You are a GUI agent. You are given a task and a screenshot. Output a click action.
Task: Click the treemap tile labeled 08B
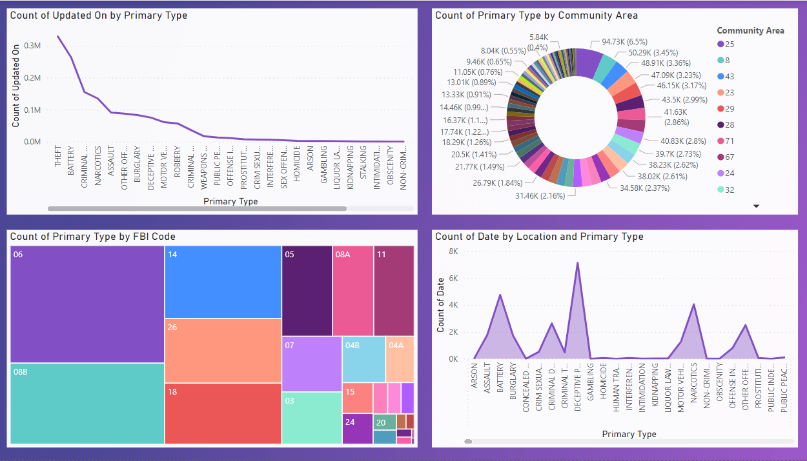click(x=87, y=404)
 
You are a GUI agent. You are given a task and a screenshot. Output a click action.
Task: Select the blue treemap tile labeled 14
click(x=223, y=282)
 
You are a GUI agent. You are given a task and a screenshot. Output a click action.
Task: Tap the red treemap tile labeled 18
click(x=223, y=413)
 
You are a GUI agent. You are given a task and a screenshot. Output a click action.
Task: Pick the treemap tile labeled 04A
click(x=400, y=358)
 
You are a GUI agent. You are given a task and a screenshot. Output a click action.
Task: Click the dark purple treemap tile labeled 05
click(x=307, y=291)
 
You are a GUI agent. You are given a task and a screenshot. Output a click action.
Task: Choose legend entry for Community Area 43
click(x=730, y=77)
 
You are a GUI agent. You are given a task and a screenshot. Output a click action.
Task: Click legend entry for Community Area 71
click(x=730, y=141)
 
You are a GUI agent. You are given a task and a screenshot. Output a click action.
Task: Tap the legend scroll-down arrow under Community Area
click(x=757, y=206)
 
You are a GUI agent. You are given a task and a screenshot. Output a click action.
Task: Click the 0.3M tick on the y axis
click(x=32, y=46)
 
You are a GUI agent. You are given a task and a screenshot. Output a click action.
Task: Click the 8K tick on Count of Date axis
click(x=453, y=251)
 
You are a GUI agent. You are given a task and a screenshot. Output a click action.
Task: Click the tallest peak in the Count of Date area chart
click(x=577, y=262)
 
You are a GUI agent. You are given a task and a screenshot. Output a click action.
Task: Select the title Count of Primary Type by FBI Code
click(x=93, y=237)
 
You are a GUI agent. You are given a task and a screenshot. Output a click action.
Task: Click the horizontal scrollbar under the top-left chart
click(x=197, y=209)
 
